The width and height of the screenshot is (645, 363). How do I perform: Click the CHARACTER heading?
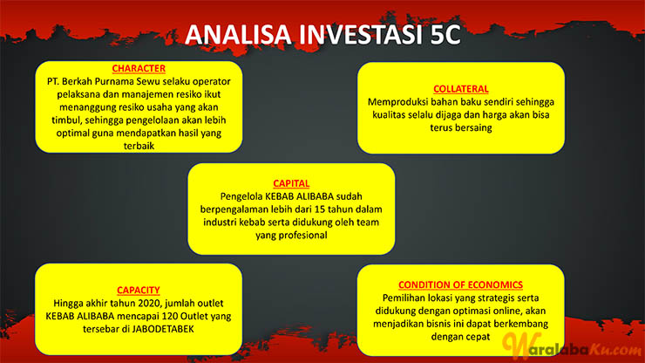[x=139, y=68]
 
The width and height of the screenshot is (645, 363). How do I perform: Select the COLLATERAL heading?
[x=461, y=89]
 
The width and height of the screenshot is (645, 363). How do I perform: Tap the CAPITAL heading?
[x=291, y=183]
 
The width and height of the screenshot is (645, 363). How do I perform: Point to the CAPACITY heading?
[x=139, y=290]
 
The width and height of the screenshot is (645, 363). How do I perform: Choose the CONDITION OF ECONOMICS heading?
[x=460, y=284]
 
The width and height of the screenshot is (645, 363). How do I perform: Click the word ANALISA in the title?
[x=238, y=34]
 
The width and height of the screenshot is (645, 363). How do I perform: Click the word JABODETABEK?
[x=166, y=329]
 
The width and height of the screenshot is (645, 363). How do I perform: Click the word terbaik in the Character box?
[x=139, y=146]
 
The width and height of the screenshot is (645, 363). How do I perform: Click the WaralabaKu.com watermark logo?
[x=572, y=346]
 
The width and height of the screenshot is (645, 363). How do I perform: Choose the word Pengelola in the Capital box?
[x=241, y=196]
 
